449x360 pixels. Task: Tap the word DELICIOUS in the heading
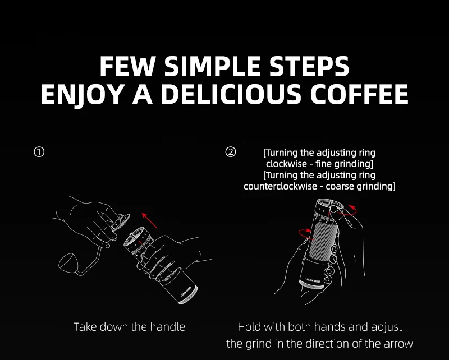click(x=231, y=94)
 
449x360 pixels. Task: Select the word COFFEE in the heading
click(x=359, y=94)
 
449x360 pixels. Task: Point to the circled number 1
click(x=39, y=152)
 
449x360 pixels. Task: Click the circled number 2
click(x=231, y=152)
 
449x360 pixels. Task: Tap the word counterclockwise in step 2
click(x=280, y=186)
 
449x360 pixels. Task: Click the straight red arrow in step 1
click(x=149, y=220)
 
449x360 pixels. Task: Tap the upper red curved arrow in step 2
click(x=347, y=210)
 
